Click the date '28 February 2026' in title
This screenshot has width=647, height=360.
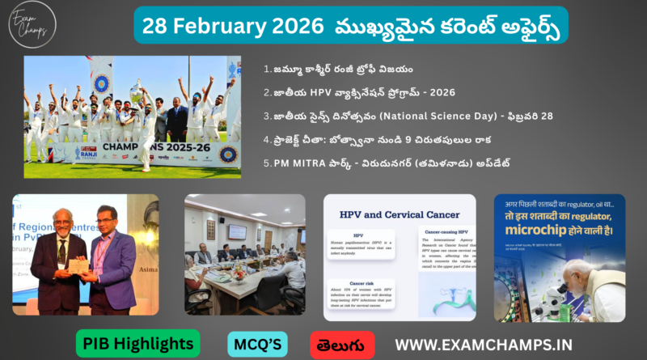pos(222,25)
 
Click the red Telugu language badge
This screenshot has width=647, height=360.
pos(342,344)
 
